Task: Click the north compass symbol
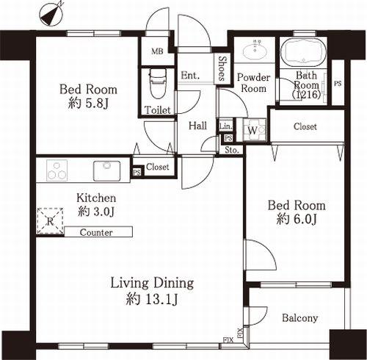tap(52, 14)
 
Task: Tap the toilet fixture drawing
tap(158, 83)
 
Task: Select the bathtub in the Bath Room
tap(304, 52)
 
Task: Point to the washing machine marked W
tap(254, 130)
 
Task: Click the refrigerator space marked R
tap(50, 221)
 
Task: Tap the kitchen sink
tap(107, 170)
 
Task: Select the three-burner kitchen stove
tap(57, 170)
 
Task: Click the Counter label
tap(96, 232)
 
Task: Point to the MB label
tap(157, 51)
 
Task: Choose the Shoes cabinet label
tap(222, 68)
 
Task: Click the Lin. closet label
tap(225, 126)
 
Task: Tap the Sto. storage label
tap(232, 150)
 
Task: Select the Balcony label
tap(300, 318)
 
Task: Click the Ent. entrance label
tap(190, 75)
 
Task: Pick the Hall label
tap(197, 126)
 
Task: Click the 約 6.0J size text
tap(297, 219)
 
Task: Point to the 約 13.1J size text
tap(152, 299)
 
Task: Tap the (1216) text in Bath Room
tap(307, 94)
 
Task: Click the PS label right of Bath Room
tap(338, 84)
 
